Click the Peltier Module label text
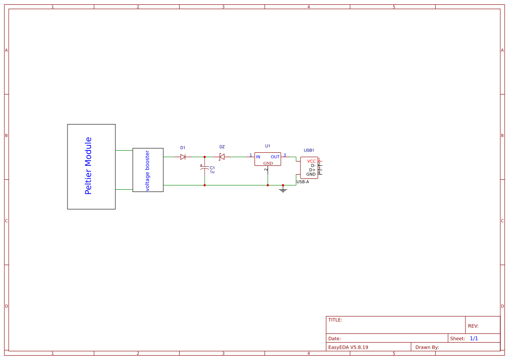tap(88, 166)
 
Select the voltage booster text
tap(147, 171)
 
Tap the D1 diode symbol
tap(183, 157)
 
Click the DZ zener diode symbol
tap(222, 157)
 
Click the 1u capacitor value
tap(212, 172)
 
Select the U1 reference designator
tap(267, 146)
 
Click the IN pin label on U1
tap(258, 157)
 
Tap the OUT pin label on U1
tap(275, 157)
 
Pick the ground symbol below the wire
tap(283, 189)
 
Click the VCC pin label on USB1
tap(311, 161)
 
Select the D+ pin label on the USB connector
tap(312, 170)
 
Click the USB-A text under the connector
tap(303, 182)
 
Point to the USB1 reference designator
tap(309, 150)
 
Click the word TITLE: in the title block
tap(335, 320)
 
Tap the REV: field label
tap(473, 326)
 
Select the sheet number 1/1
tap(474, 339)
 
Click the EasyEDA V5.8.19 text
tap(348, 347)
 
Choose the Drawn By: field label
tap(427, 347)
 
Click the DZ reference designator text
tap(222, 147)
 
